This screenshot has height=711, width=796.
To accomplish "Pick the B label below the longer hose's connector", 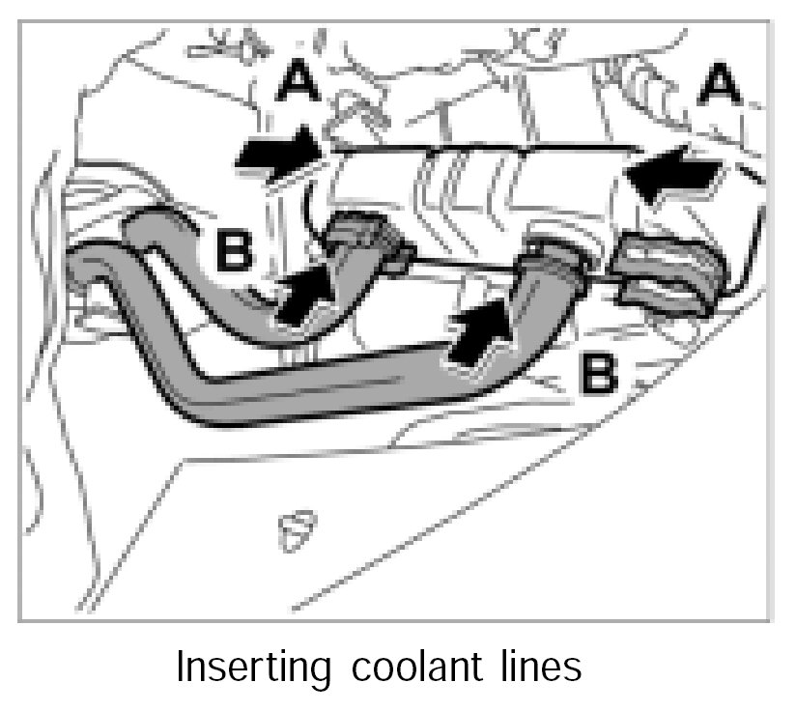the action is (598, 370).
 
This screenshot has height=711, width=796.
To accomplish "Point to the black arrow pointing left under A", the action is (673, 180).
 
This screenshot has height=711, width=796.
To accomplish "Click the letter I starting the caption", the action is (182, 666).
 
